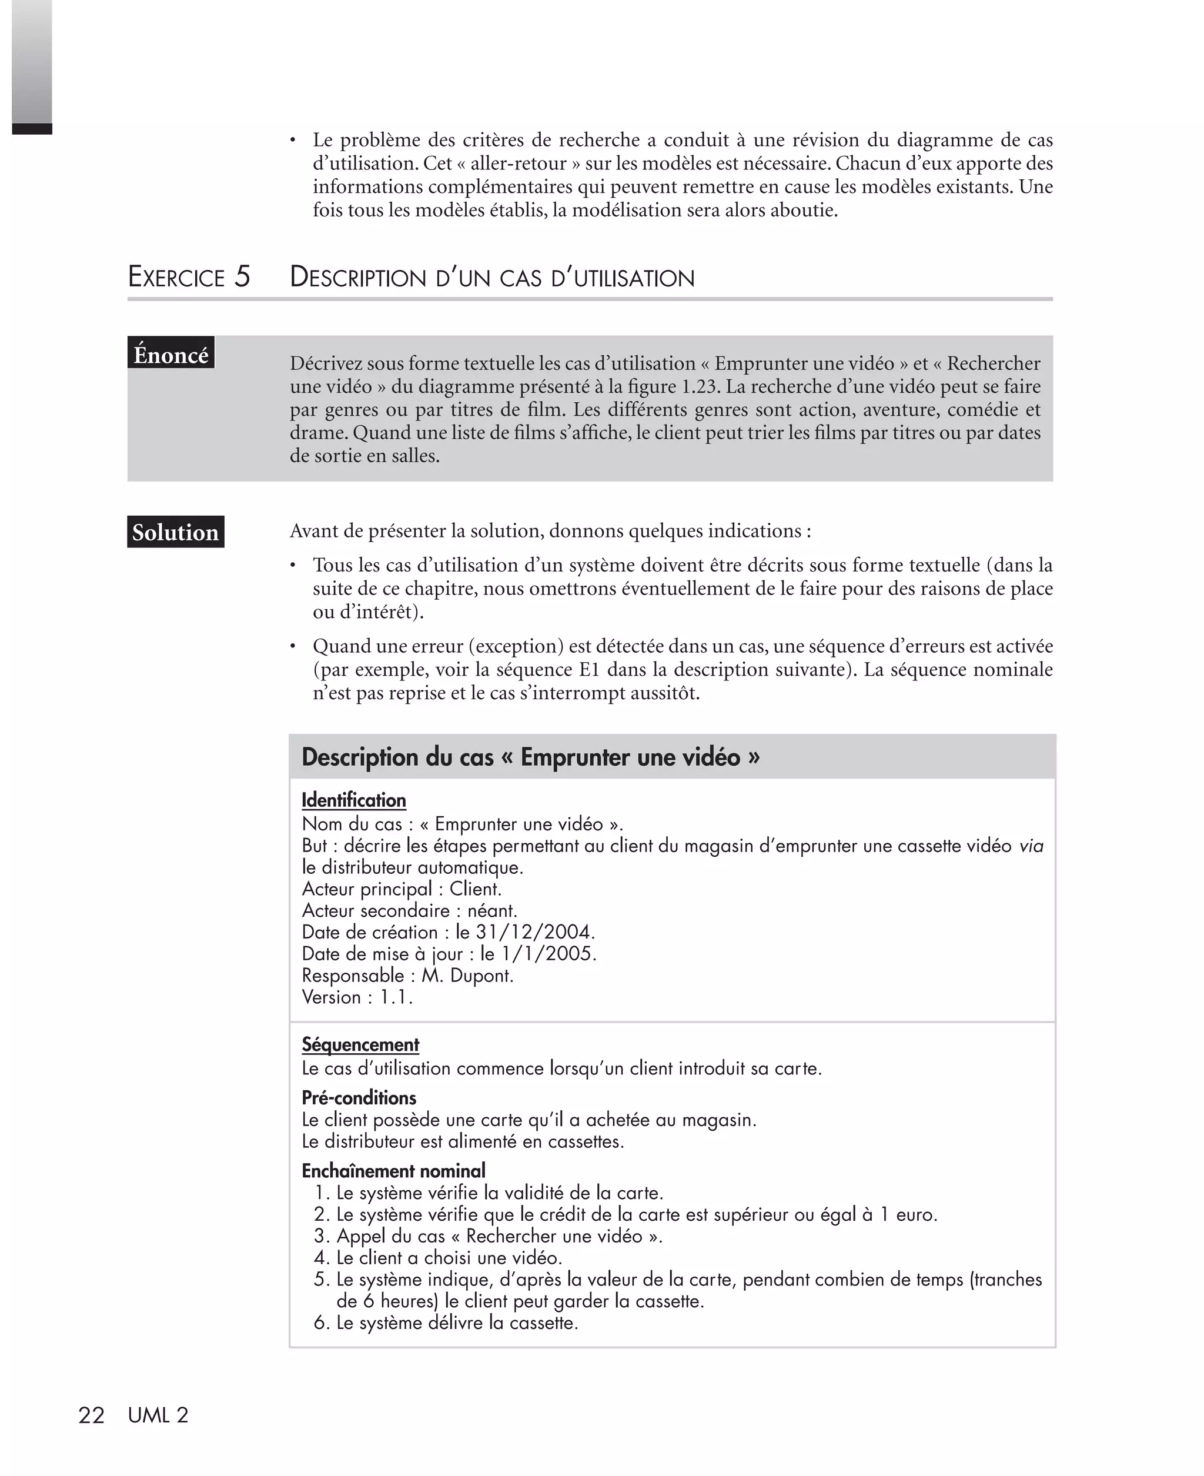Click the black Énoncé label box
tap(170, 353)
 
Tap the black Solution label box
tap(175, 532)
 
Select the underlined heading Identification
tap(354, 800)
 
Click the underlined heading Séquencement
tap(360, 1044)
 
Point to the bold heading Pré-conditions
tap(359, 1097)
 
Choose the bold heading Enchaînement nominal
tap(393, 1171)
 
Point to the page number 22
tap(91, 1415)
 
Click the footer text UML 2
tap(158, 1415)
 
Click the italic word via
tap(1031, 846)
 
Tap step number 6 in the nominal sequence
tap(320, 1323)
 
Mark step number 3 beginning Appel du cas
tap(320, 1236)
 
